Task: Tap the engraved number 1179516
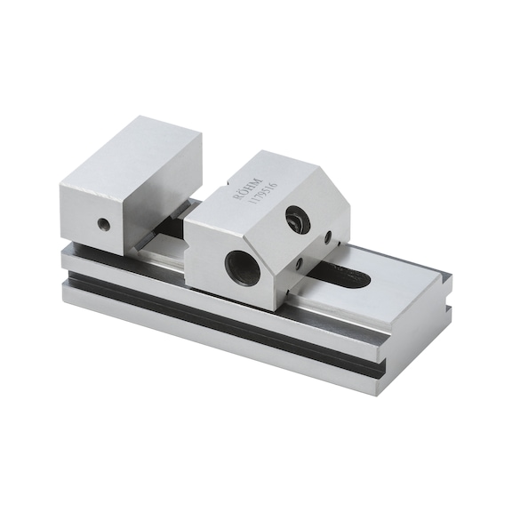tap(259, 189)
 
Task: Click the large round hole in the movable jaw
tap(243, 267)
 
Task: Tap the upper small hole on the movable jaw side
tap(329, 237)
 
